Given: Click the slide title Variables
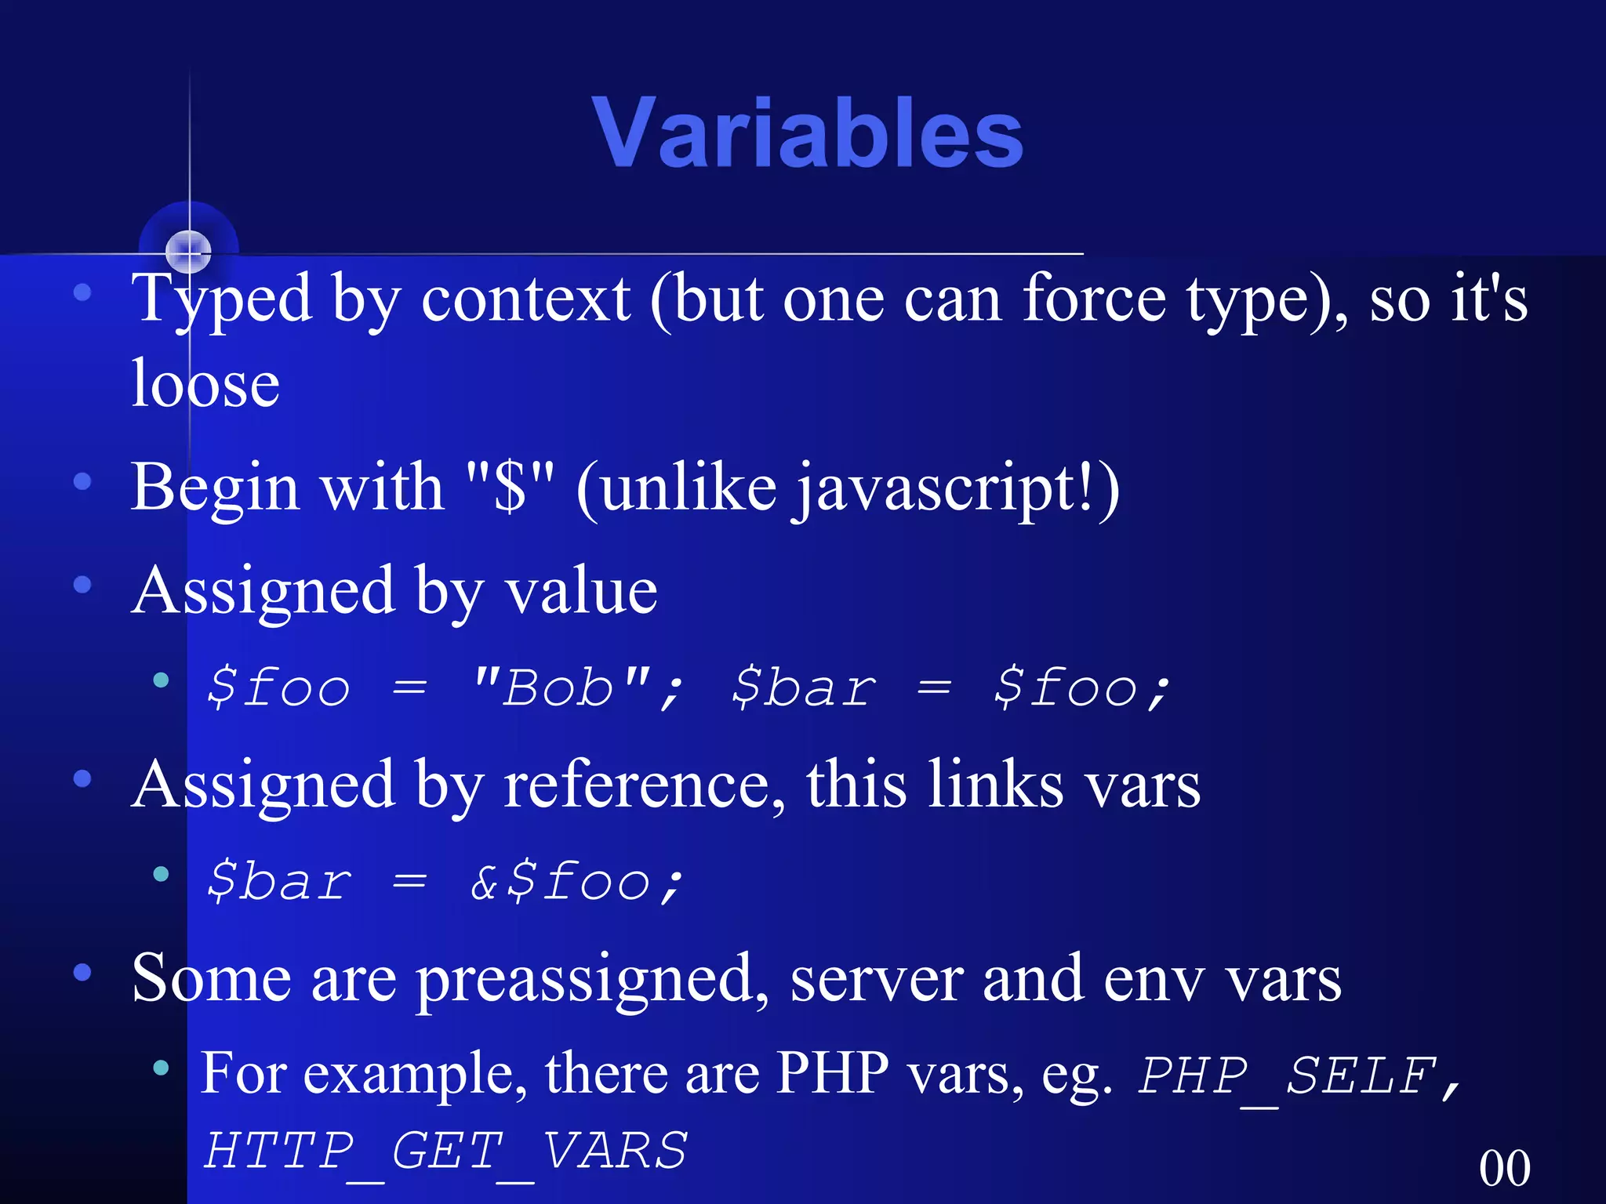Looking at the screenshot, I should pyautogui.click(x=808, y=133).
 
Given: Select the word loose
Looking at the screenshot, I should pyautogui.click(x=205, y=384).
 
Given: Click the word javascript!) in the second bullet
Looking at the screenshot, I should pyautogui.click(x=957, y=488).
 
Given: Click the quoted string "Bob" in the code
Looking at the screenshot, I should pyautogui.click(x=561, y=688).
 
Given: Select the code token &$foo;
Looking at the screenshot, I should pyautogui.click(x=577, y=882).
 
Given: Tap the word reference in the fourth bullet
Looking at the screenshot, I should pyautogui.click(x=643, y=785).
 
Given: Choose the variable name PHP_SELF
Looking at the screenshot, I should pyautogui.click(x=1286, y=1076).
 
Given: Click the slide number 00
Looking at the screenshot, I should pyautogui.click(x=1504, y=1168).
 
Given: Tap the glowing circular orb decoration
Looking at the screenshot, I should pyautogui.click(x=189, y=251).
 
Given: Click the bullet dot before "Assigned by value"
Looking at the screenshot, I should pyautogui.click(x=82, y=585).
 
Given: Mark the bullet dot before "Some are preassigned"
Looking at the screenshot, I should pyautogui.click(x=82, y=973).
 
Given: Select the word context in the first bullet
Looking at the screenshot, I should pyautogui.click(x=525, y=299).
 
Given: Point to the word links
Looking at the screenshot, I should pyautogui.click(x=996, y=785).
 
